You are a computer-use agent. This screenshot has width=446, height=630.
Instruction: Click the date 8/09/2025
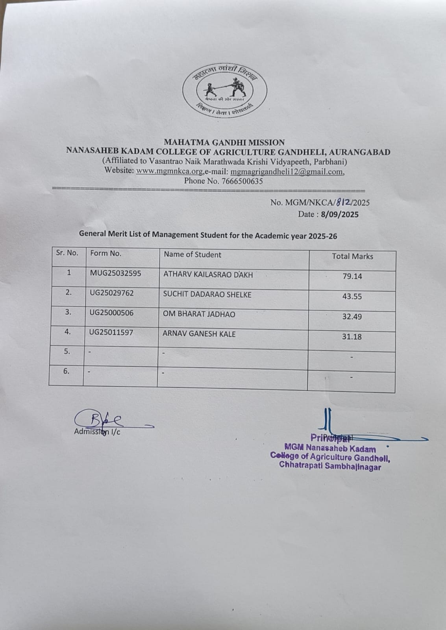(340, 215)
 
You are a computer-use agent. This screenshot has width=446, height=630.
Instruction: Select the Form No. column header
(105, 254)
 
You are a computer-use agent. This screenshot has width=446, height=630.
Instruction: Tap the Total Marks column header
(352, 256)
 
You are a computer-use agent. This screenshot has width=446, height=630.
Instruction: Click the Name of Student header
(192, 255)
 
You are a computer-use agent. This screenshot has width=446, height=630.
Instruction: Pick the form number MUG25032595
(115, 273)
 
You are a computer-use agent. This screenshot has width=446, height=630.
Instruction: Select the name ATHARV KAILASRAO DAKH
(208, 274)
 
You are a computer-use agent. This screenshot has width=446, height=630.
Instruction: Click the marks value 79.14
(352, 276)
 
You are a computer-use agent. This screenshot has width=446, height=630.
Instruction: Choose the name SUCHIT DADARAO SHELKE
(207, 295)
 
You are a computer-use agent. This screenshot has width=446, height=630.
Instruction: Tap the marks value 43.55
(352, 296)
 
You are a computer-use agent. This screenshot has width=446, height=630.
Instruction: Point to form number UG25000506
(111, 313)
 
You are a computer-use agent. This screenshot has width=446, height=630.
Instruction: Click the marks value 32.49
(352, 317)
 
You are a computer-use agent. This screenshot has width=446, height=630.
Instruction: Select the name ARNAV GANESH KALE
(199, 334)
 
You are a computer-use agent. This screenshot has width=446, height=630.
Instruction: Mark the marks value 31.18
(352, 337)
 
